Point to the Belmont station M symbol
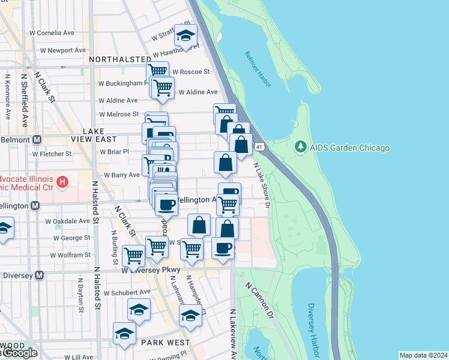(37, 139)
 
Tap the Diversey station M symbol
(40, 275)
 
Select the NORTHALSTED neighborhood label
(120, 59)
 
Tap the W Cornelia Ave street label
(53, 33)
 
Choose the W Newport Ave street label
(59, 50)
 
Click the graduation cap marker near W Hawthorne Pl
(186, 35)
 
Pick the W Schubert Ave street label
(127, 293)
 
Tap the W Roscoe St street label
(187, 71)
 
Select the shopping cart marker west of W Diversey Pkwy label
(133, 256)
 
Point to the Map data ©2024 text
(423, 355)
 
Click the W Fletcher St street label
(52, 154)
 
